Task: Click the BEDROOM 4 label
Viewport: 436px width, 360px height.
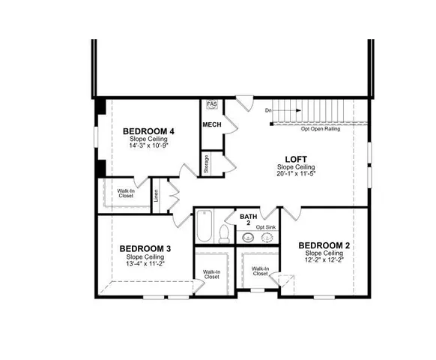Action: pyautogui.click(x=148, y=131)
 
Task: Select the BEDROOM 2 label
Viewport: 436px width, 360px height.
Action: pyautogui.click(x=324, y=245)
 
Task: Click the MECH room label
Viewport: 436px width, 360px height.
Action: pyautogui.click(x=211, y=124)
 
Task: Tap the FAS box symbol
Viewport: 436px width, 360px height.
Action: pyautogui.click(x=211, y=104)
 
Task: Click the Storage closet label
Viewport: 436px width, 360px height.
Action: pyautogui.click(x=207, y=164)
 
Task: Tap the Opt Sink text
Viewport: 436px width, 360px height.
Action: pyautogui.click(x=266, y=226)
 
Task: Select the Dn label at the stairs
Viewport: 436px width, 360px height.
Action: pyautogui.click(x=268, y=110)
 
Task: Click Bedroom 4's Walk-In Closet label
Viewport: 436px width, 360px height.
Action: pyautogui.click(x=125, y=193)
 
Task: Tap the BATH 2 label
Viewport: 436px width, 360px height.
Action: pyautogui.click(x=248, y=219)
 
